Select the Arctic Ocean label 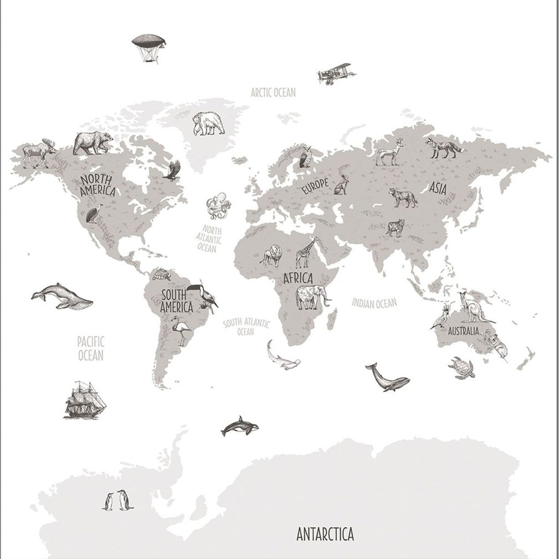pyautogui.click(x=273, y=92)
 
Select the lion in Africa pyautogui.click(x=271, y=256)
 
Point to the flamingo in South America pyautogui.click(x=180, y=330)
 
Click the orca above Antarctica pyautogui.click(x=239, y=426)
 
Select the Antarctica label pyautogui.click(x=325, y=532)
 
